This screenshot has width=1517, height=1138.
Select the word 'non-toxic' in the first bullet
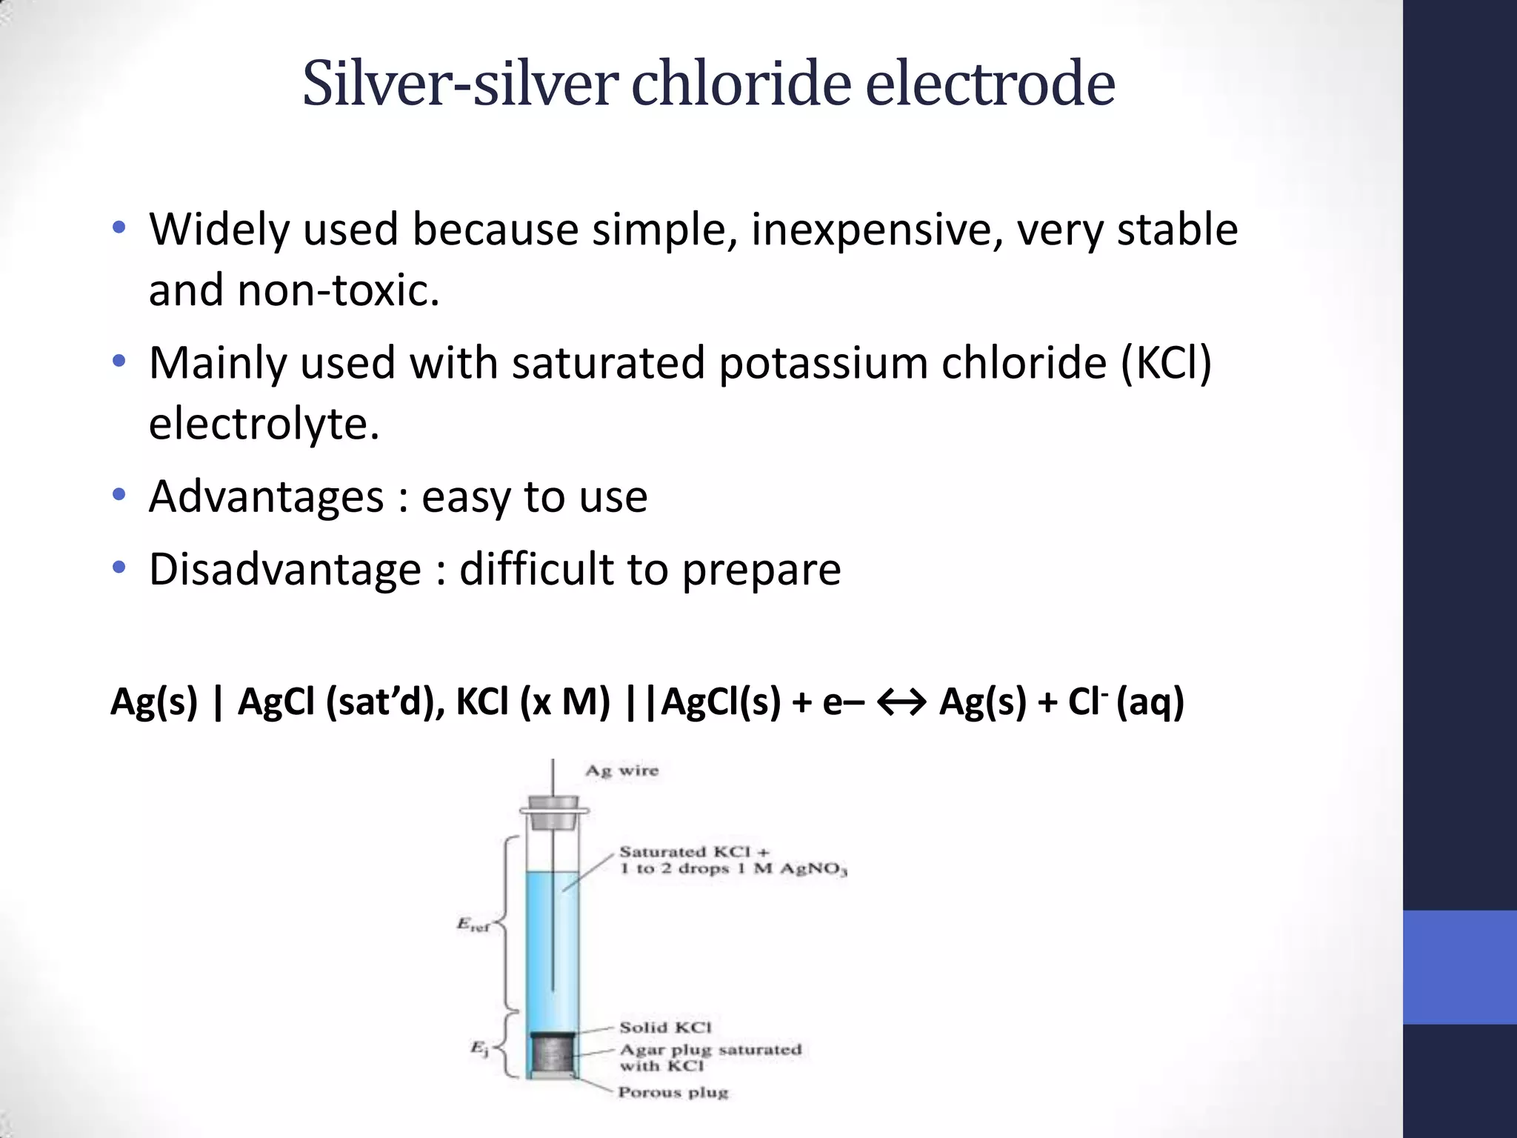(x=338, y=290)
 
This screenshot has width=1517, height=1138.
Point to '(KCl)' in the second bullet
(x=1166, y=364)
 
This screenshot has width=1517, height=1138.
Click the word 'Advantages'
(x=266, y=496)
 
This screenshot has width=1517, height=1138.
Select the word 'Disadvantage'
(x=285, y=570)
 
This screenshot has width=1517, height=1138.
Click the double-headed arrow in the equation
(x=901, y=702)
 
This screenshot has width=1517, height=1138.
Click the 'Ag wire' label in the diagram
(x=621, y=771)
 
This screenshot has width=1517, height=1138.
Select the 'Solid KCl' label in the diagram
(x=665, y=1028)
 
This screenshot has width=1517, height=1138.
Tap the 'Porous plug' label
(x=673, y=1092)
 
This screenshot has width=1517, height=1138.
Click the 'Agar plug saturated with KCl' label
(x=710, y=1057)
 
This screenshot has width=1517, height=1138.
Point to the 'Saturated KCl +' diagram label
(x=694, y=852)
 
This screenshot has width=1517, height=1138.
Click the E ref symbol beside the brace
(x=473, y=925)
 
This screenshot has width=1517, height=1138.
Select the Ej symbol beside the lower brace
(x=480, y=1048)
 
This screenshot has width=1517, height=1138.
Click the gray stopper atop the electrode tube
(x=553, y=810)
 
